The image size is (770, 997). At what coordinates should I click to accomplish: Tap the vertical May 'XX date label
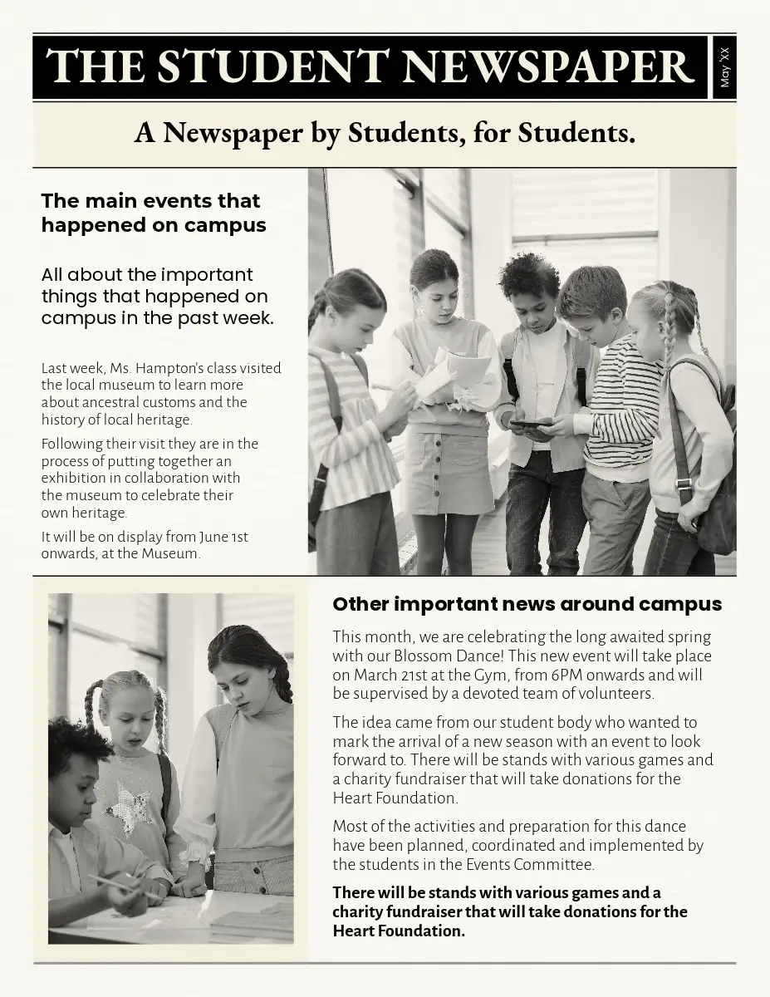point(724,67)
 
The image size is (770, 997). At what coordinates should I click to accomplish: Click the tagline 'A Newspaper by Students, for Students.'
point(385,132)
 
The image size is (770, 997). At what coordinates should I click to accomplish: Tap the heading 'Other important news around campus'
point(527,604)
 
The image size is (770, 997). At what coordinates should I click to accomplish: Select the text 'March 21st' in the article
point(398,675)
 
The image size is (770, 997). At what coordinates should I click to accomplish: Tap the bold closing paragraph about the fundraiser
point(509,911)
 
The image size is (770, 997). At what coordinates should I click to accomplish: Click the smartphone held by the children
point(529,425)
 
